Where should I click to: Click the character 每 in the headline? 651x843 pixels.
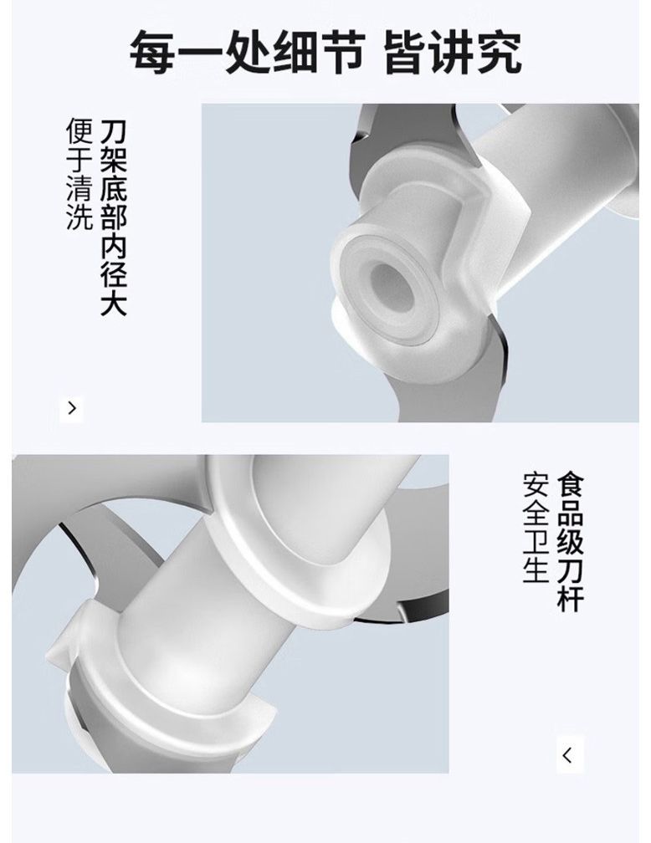(x=153, y=52)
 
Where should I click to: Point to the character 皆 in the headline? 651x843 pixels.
(x=406, y=52)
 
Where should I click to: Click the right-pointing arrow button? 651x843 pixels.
(x=72, y=408)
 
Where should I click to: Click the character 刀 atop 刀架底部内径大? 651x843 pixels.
(x=114, y=132)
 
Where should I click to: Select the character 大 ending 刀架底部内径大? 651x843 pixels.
(x=114, y=302)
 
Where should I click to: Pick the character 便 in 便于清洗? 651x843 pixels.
(x=80, y=132)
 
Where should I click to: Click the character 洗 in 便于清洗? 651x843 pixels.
(x=80, y=217)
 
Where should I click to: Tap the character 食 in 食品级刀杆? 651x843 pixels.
(x=571, y=485)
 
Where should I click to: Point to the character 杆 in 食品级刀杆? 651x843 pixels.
(x=571, y=598)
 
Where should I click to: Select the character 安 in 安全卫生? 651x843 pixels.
(x=536, y=485)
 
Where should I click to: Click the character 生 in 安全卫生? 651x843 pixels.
(x=536, y=570)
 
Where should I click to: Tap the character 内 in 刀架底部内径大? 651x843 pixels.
(x=114, y=245)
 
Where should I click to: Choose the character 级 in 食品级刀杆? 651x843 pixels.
(x=571, y=541)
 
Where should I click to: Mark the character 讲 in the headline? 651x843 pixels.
(x=453, y=52)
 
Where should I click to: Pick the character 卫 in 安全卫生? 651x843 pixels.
(x=536, y=541)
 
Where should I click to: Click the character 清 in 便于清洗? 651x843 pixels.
(x=80, y=189)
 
